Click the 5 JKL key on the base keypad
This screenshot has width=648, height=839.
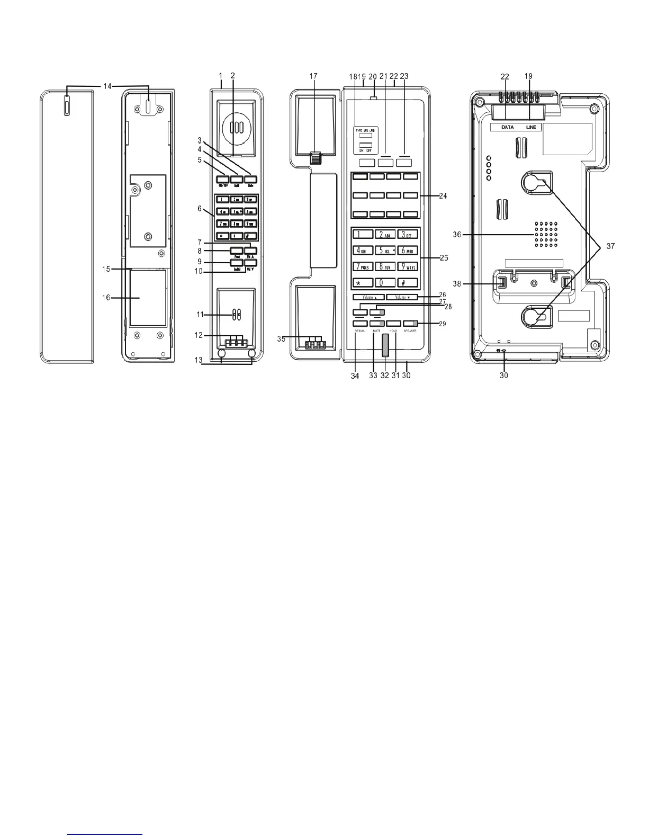point(385,251)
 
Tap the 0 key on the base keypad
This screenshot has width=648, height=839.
point(385,283)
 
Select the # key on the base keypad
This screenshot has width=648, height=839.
point(408,283)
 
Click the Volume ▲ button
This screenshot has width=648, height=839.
point(369,297)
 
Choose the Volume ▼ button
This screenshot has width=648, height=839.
point(402,297)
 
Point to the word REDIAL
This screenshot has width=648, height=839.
point(360,331)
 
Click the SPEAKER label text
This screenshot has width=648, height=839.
point(410,331)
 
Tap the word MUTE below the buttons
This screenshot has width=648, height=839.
point(377,331)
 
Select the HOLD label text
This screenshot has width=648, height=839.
point(393,331)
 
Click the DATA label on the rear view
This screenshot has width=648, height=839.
point(507,128)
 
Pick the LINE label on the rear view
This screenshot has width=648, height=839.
point(531,128)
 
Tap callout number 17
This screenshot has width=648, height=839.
point(313,76)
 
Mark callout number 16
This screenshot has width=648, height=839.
point(106,298)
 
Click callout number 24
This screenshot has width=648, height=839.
point(443,196)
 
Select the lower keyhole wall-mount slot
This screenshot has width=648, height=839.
point(535,317)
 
